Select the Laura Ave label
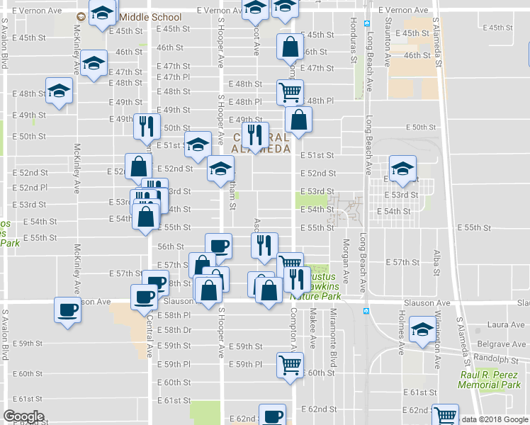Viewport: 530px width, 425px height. tap(491, 324)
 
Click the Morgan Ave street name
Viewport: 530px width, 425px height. tap(346, 261)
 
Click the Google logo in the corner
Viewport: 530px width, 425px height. tap(23, 416)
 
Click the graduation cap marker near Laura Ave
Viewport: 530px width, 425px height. tap(423, 329)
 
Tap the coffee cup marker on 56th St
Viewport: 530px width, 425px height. tap(219, 245)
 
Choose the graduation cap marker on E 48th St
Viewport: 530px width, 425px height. tap(60, 91)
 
